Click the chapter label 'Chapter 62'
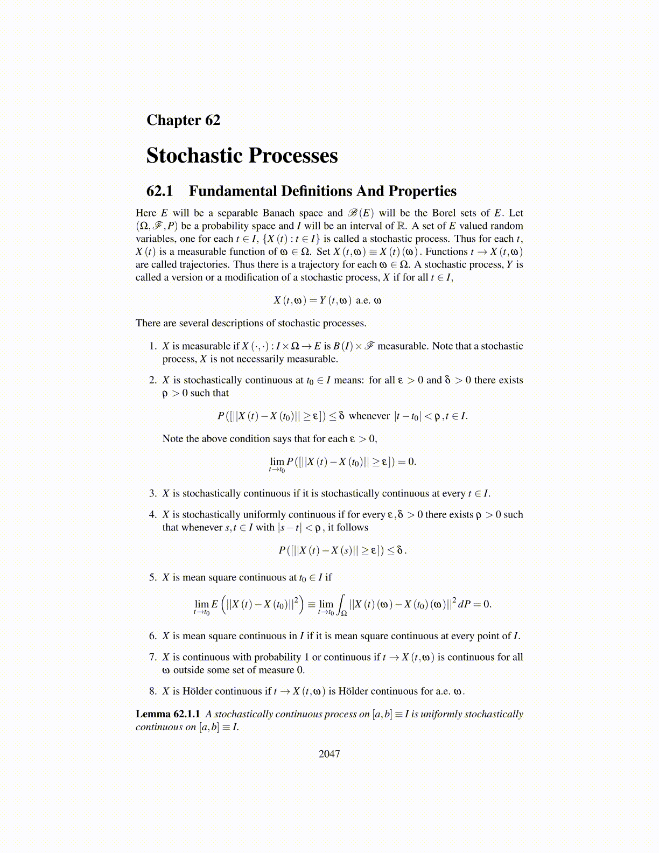click(183, 120)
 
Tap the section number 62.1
click(160, 191)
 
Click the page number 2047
click(329, 754)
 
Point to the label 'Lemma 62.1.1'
click(168, 714)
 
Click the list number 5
click(152, 577)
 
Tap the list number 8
click(152, 691)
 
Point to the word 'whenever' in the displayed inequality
click(369, 416)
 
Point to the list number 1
click(152, 346)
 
